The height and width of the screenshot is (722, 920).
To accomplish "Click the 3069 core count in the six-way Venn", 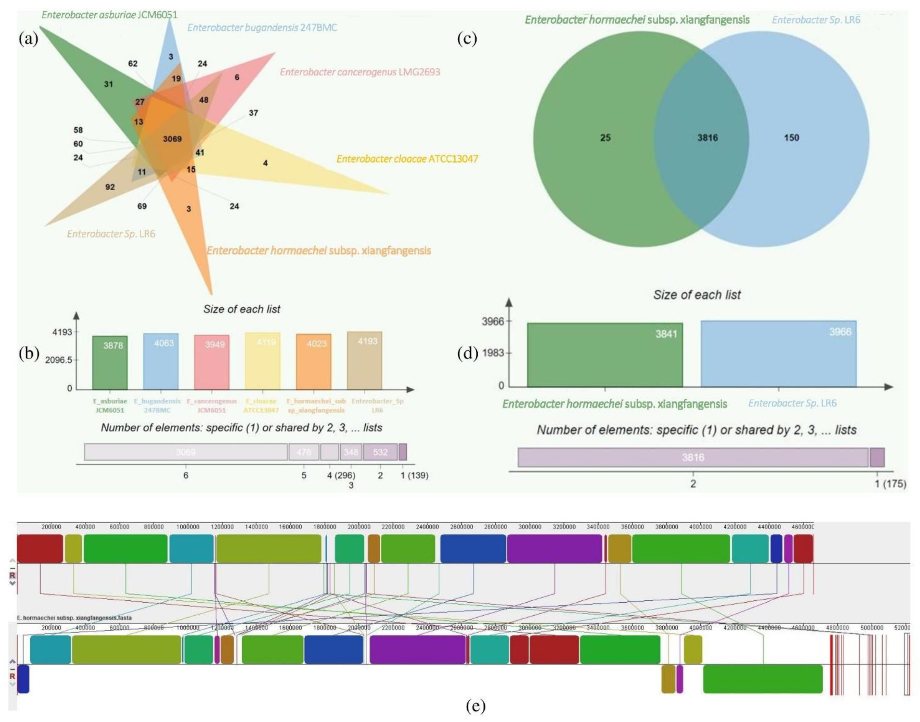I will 172,139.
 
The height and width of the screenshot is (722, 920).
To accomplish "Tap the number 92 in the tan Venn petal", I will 110,187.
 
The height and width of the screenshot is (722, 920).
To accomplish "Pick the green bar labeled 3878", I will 110,363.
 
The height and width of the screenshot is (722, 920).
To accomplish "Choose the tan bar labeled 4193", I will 364,361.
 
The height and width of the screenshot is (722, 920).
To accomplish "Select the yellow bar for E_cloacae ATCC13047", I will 262,361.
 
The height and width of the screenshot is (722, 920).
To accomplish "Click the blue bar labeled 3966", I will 779,354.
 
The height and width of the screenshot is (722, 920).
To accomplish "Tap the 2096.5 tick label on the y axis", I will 59,360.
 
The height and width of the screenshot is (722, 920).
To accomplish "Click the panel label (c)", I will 467,39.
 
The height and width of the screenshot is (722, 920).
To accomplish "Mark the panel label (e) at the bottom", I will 476,706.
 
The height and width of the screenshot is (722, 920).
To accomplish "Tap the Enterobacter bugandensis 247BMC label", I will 262,28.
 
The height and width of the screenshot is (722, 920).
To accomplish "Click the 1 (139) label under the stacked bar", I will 414,476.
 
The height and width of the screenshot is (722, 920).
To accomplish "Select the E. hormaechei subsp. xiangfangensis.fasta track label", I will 74,618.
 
